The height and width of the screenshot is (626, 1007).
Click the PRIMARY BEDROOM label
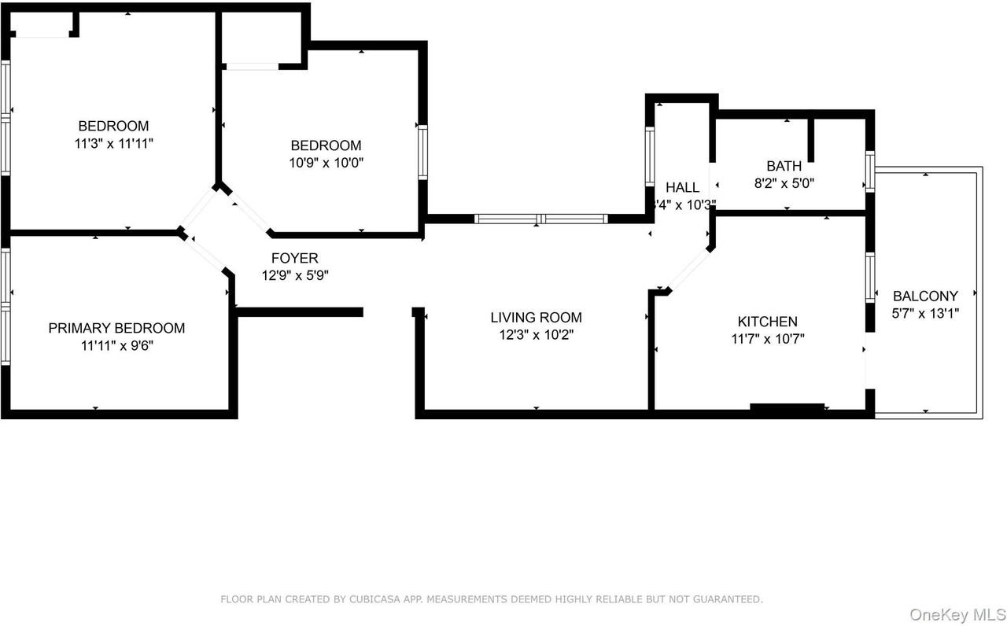coord(116,328)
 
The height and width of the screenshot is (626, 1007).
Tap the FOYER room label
coord(294,258)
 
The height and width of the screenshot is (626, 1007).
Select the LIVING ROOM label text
coord(536,318)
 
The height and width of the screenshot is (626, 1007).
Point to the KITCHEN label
coord(767,322)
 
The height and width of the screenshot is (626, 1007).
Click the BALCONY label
coord(925,296)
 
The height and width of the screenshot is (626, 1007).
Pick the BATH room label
coord(784,166)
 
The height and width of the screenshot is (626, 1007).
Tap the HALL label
coord(682,187)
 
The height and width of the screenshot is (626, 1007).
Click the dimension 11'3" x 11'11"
coord(113,143)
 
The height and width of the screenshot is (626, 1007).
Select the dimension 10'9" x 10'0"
coord(326,163)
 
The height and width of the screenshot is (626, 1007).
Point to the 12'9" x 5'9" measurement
coord(294,276)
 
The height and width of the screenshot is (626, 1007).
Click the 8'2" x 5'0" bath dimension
coord(784,183)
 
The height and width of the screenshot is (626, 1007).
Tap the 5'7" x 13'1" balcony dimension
coord(925,313)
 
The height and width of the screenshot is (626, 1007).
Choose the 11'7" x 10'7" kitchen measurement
coord(767,339)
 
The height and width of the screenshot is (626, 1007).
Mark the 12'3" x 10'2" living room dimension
coord(536,335)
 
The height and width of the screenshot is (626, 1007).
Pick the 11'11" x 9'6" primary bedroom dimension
coord(116,345)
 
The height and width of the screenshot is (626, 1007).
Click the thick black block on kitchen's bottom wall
coord(787,407)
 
